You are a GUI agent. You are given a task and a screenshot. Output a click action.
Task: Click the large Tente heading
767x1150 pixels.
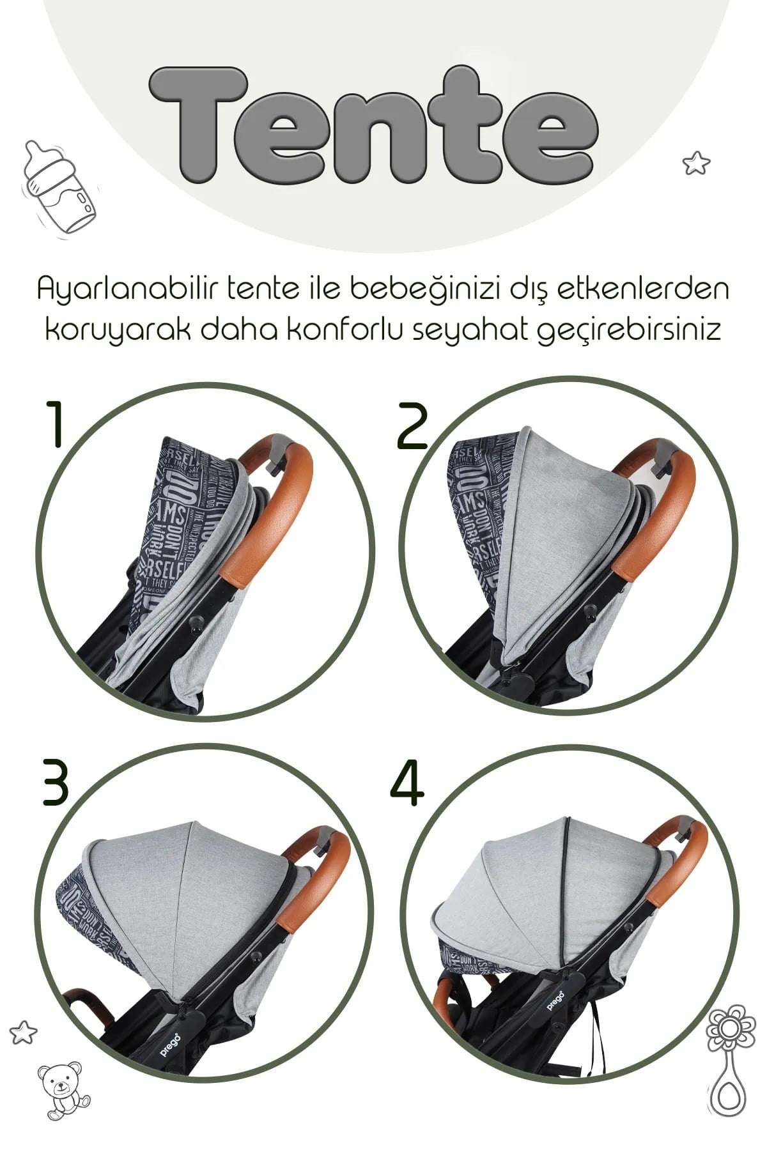coord(374,125)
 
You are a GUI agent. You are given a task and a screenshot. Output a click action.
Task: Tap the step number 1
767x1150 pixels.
coord(56,425)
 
